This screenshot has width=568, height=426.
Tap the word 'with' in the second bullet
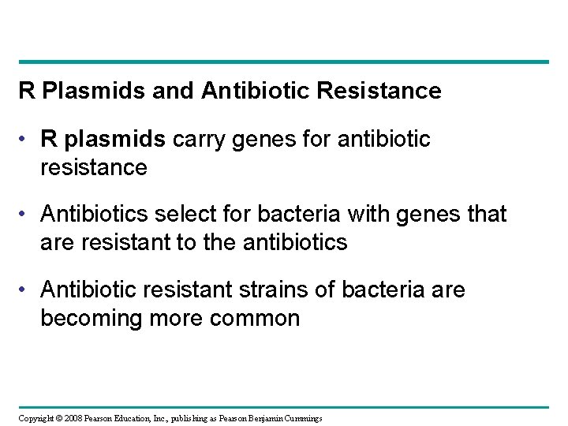(x=347, y=215)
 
